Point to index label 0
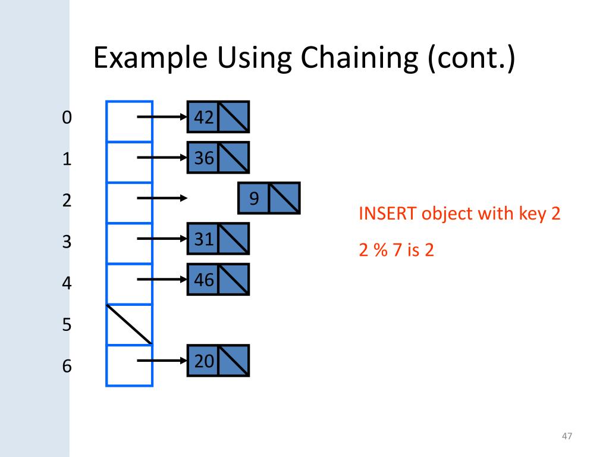[x=66, y=118]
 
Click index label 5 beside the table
[x=66, y=325]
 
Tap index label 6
[x=66, y=366]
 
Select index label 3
[x=66, y=242]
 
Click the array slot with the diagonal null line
[x=130, y=324]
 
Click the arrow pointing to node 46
[x=162, y=278]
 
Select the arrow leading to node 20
[x=162, y=360]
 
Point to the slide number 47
[x=567, y=437]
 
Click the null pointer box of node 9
[x=284, y=199]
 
